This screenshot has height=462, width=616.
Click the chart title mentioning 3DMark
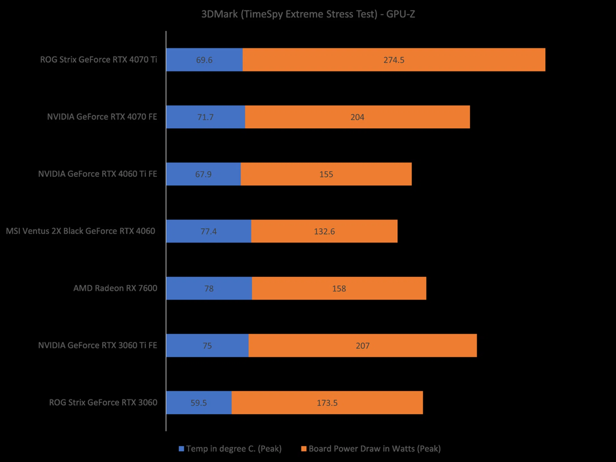pyautogui.click(x=308, y=14)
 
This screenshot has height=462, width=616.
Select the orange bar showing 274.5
pyautogui.click(x=394, y=60)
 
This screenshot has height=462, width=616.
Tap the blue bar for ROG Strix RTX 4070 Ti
pyautogui.click(x=204, y=60)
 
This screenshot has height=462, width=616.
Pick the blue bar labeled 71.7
pyautogui.click(x=205, y=117)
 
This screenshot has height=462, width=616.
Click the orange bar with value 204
pyautogui.click(x=357, y=117)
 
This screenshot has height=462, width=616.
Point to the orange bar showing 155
pyautogui.click(x=326, y=174)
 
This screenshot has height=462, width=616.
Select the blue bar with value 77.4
pyautogui.click(x=209, y=231)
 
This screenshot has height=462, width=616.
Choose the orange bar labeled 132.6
pyautogui.click(x=324, y=231)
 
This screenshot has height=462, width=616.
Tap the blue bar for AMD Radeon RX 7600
pyautogui.click(x=209, y=288)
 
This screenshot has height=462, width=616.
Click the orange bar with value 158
pyautogui.click(x=339, y=288)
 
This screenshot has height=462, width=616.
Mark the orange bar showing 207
pyautogui.click(x=363, y=345)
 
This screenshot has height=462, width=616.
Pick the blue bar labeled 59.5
pyautogui.click(x=199, y=402)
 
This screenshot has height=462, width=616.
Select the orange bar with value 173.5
pyautogui.click(x=327, y=402)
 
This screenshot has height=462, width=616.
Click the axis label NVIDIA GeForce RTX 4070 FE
pyautogui.click(x=102, y=117)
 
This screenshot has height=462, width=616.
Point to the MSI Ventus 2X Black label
pyautogui.click(x=80, y=231)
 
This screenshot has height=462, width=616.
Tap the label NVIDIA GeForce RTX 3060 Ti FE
pyautogui.click(x=98, y=345)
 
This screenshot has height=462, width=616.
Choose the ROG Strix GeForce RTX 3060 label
pyautogui.click(x=103, y=402)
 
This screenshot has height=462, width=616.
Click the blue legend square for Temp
pyautogui.click(x=181, y=449)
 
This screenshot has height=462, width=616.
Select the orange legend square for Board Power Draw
pyautogui.click(x=304, y=449)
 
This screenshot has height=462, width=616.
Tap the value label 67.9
pyautogui.click(x=203, y=174)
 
